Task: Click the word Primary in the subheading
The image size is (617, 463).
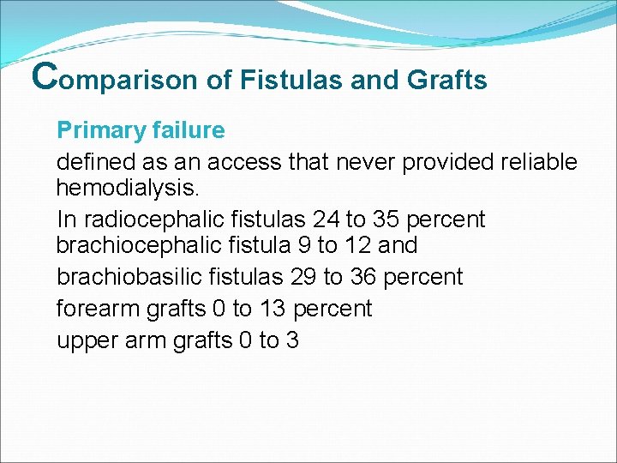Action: point(95,131)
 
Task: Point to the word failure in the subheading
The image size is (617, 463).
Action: point(183,130)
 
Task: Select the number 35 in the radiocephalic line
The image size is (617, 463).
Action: point(386,219)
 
